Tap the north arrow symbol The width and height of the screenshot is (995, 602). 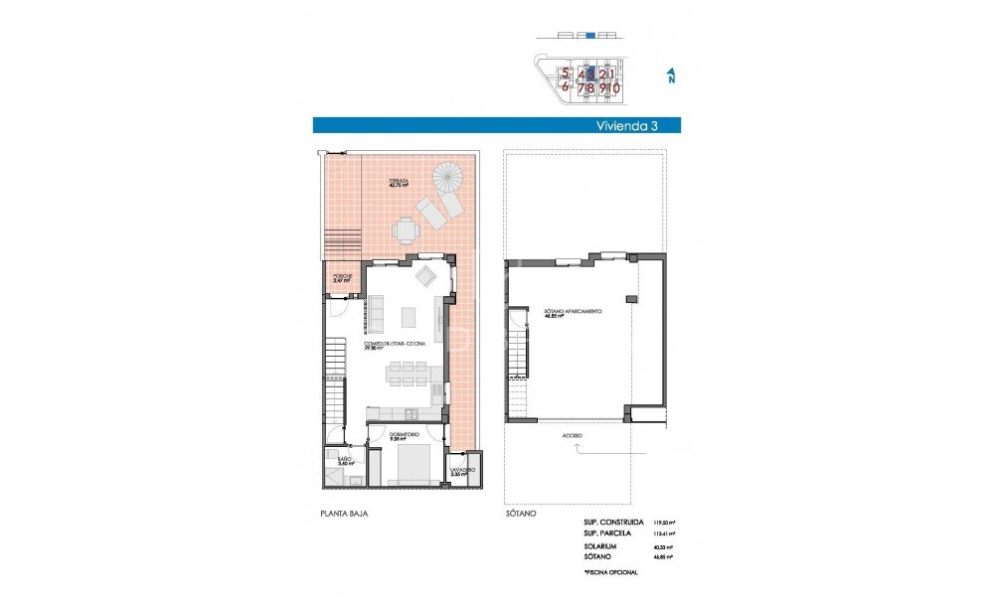[x=671, y=76]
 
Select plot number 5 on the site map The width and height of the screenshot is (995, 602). [x=565, y=73]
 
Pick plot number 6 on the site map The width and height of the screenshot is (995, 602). [x=565, y=87]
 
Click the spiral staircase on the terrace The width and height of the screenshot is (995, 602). [x=447, y=179]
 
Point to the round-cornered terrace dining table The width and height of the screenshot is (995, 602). [x=405, y=230]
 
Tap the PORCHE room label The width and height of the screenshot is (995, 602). [x=343, y=278]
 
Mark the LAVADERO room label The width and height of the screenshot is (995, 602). [x=462, y=471]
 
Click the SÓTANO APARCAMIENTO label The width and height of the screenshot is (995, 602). [x=573, y=313]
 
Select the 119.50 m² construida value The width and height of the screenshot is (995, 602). [x=663, y=522]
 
